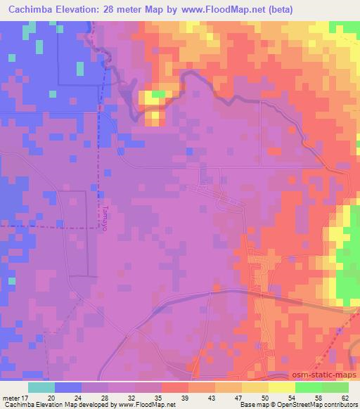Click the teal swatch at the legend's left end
pyautogui.click(x=41, y=387)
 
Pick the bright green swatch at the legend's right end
pyautogui.click(x=335, y=387)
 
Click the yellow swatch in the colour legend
pyautogui.click(x=283, y=387)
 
